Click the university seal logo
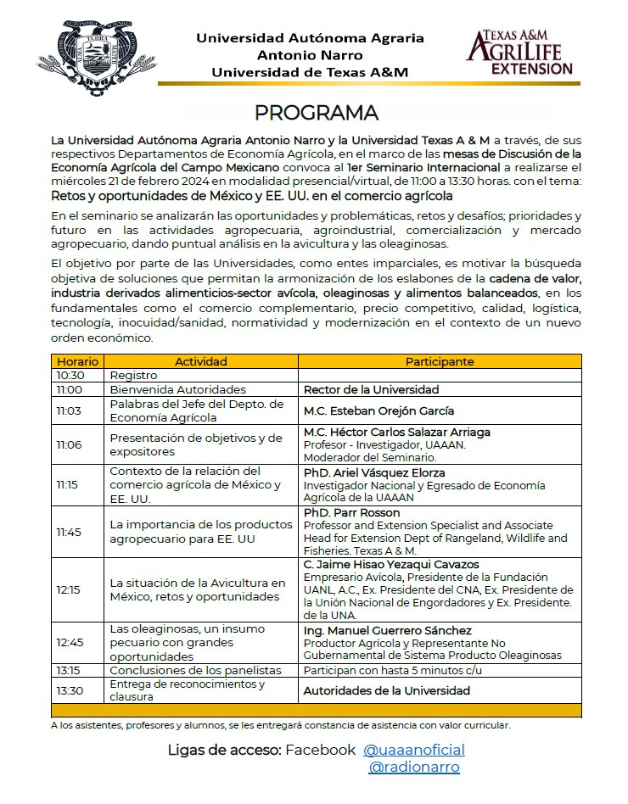tap(84, 60)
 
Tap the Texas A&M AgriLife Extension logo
tap(519, 53)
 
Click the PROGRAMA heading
tap(317, 113)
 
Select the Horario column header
tap(78, 361)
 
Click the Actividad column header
tap(200, 361)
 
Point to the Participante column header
tap(439, 361)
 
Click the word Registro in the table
tap(134, 375)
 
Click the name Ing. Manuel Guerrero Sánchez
tap(388, 631)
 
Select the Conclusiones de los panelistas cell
tap(195, 670)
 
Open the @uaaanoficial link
tap(414, 750)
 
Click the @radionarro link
tap(414, 768)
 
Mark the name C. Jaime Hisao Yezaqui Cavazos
tap(391, 564)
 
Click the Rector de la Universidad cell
tap(372, 390)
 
